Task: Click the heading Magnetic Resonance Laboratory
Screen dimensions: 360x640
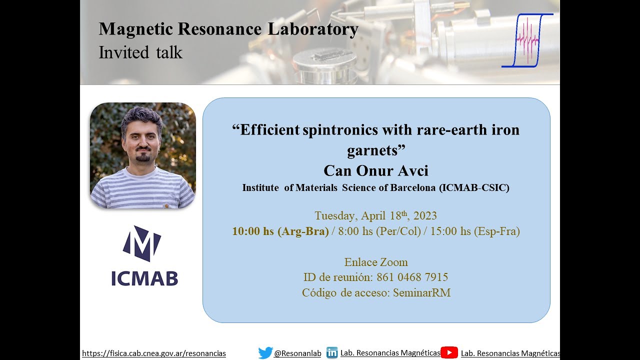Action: tap(228, 29)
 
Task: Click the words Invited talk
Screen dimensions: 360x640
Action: tap(140, 52)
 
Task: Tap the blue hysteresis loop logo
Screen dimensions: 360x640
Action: tap(527, 40)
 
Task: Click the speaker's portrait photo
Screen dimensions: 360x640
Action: tap(143, 155)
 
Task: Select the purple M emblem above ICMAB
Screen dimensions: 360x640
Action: tap(142, 243)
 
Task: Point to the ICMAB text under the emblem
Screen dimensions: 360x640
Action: tap(144, 278)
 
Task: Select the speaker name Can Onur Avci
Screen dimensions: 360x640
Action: tap(376, 171)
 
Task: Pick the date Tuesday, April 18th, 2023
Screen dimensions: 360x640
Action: tap(375, 216)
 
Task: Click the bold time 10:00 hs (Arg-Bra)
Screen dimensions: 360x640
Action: tap(280, 231)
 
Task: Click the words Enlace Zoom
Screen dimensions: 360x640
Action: tap(376, 262)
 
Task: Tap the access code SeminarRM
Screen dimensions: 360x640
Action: tap(421, 293)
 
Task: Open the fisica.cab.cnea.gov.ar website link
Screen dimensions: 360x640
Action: tap(154, 353)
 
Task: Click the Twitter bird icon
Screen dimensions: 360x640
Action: tap(265, 353)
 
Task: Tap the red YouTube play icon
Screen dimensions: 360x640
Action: tap(449, 353)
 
